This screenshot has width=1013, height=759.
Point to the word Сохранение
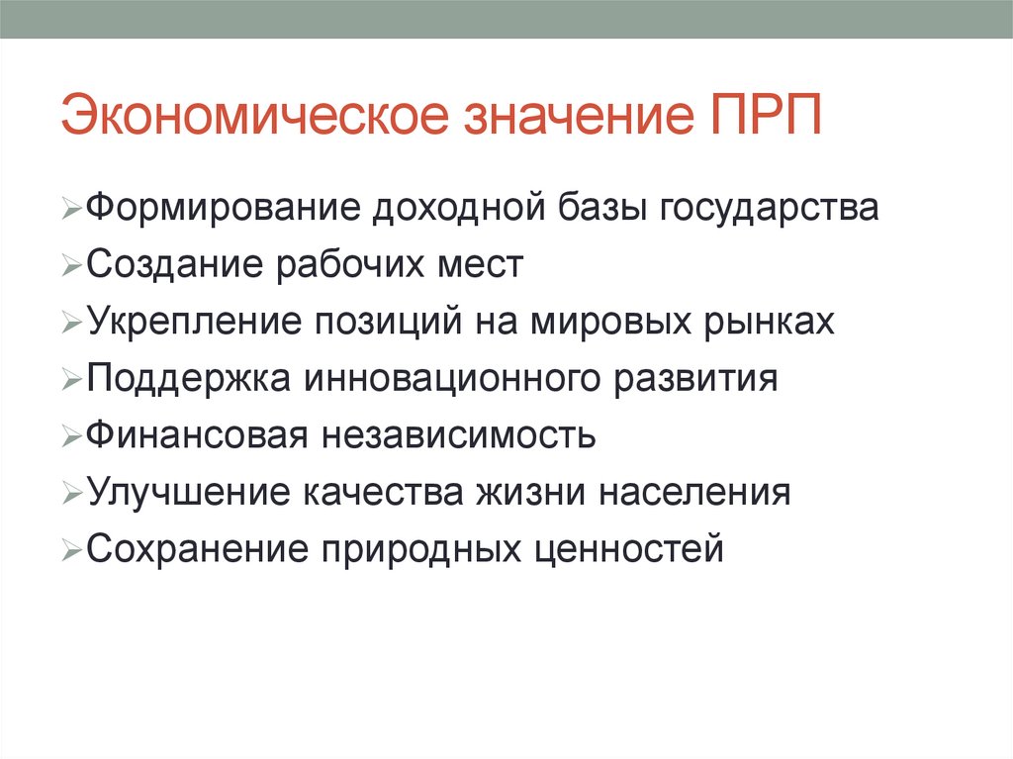(x=194, y=548)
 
